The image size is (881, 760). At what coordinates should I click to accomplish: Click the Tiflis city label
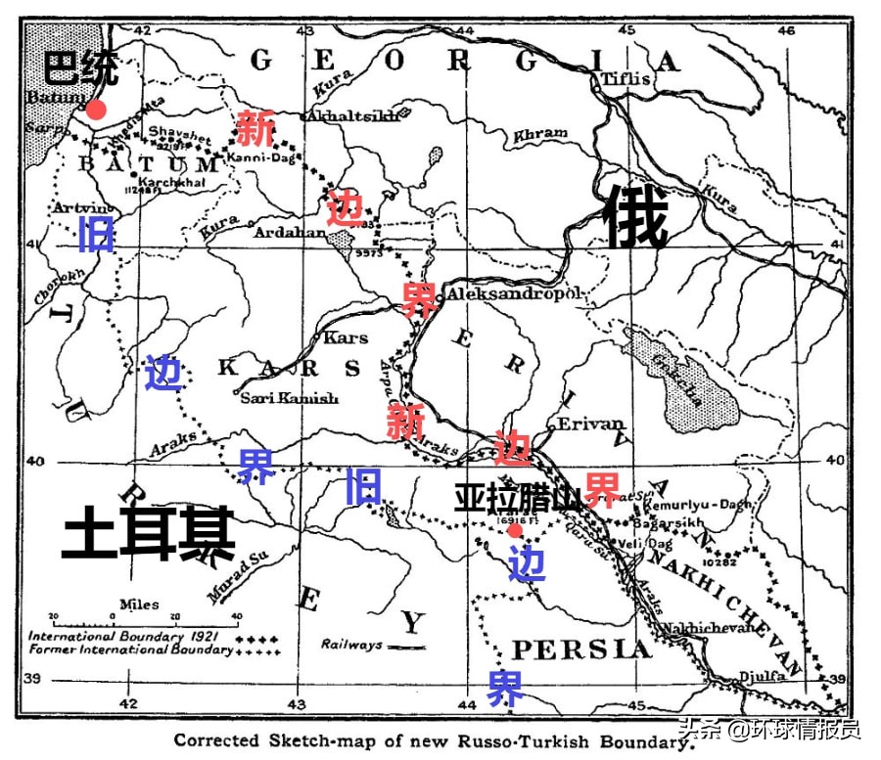(x=626, y=79)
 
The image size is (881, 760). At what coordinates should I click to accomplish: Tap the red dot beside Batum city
(x=96, y=110)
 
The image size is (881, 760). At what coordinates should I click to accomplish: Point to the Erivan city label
(x=590, y=424)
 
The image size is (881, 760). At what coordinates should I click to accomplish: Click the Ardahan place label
(x=290, y=233)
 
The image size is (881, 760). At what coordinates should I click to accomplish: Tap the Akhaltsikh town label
(x=353, y=115)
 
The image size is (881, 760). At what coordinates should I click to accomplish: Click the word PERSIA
(x=581, y=649)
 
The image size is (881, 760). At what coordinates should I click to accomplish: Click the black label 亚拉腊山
(x=518, y=497)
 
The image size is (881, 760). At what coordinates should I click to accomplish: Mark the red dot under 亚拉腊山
(x=514, y=530)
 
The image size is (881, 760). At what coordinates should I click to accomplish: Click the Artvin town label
(x=85, y=207)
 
